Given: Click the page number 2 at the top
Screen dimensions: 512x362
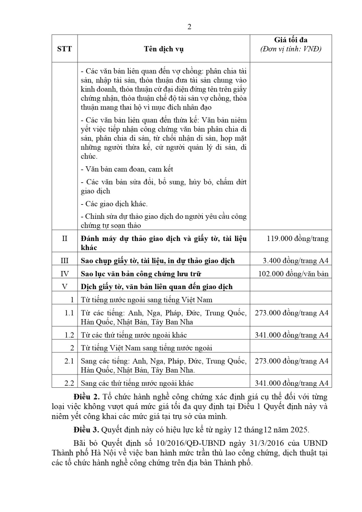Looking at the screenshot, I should [189, 27].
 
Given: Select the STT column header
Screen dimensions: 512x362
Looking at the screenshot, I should [64, 49].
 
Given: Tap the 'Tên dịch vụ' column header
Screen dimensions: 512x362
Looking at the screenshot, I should [164, 49].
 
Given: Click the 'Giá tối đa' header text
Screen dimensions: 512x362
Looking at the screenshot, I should [291, 40].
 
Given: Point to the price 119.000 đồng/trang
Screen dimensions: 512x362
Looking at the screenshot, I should [298, 239].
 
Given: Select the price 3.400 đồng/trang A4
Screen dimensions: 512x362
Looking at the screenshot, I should [295, 261].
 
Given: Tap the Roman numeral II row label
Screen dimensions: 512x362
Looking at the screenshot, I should [64, 239].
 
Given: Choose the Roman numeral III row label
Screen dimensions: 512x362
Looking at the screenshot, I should [64, 261].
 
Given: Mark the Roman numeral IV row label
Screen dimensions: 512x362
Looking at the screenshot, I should [64, 274].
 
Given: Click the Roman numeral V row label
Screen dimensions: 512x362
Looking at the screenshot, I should [64, 287].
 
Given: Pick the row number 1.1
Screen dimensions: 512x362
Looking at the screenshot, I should [69, 313].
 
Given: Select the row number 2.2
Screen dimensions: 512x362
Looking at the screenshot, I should [69, 383].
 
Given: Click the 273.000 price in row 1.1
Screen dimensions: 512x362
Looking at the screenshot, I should [291, 313].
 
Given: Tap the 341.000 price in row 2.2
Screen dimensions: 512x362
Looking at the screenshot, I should [291, 383].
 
